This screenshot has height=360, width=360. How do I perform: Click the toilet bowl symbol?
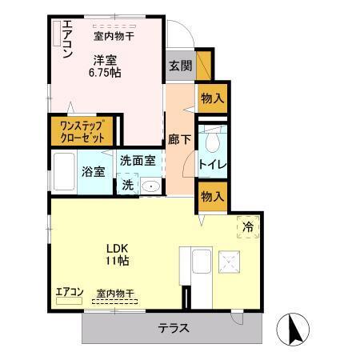pyautogui.click(x=214, y=142)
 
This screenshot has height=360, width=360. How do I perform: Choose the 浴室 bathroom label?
pyautogui.click(x=93, y=171)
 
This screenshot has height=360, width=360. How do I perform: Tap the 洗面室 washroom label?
pyautogui.click(x=137, y=160)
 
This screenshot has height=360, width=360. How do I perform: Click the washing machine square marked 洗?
pyautogui.click(x=128, y=185)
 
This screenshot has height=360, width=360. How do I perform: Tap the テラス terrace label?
pyautogui.click(x=173, y=327)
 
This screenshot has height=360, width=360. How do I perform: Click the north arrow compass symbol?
pyautogui.click(x=292, y=329)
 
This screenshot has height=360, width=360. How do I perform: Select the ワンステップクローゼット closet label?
pyautogui.click(x=83, y=131)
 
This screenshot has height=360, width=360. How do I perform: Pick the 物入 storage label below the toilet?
pyautogui.click(x=212, y=195)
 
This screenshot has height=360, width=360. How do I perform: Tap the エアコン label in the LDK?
pyautogui.click(x=70, y=293)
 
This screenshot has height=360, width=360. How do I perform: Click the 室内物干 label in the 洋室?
pyautogui.click(x=114, y=35)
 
